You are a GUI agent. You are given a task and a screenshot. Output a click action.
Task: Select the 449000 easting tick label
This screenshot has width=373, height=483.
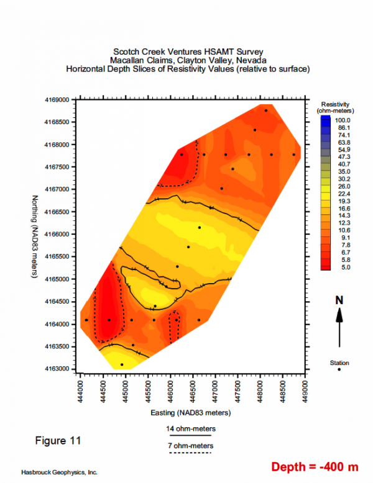tap(305, 389)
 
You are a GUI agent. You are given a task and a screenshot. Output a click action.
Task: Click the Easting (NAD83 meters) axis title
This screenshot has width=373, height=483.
tap(190, 412)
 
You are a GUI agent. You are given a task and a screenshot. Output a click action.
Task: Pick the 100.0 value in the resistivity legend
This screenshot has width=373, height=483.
tap(344, 120)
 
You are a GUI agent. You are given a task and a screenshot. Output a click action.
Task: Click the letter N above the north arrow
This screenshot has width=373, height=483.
tap(339, 300)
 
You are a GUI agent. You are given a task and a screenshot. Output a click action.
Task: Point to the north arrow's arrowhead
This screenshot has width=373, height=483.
tap(339, 312)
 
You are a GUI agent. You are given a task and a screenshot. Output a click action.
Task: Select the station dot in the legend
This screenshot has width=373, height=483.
tap(339, 369)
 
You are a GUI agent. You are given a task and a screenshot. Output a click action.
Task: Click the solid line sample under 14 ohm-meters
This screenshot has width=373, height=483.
tap(191, 436)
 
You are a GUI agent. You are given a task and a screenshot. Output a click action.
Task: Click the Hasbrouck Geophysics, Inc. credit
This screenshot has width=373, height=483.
tap(59, 472)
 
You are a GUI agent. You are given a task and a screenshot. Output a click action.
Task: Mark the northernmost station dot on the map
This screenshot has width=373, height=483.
tap(266, 111)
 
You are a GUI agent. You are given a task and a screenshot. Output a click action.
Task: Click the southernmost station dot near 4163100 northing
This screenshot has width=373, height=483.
tap(122, 364)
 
